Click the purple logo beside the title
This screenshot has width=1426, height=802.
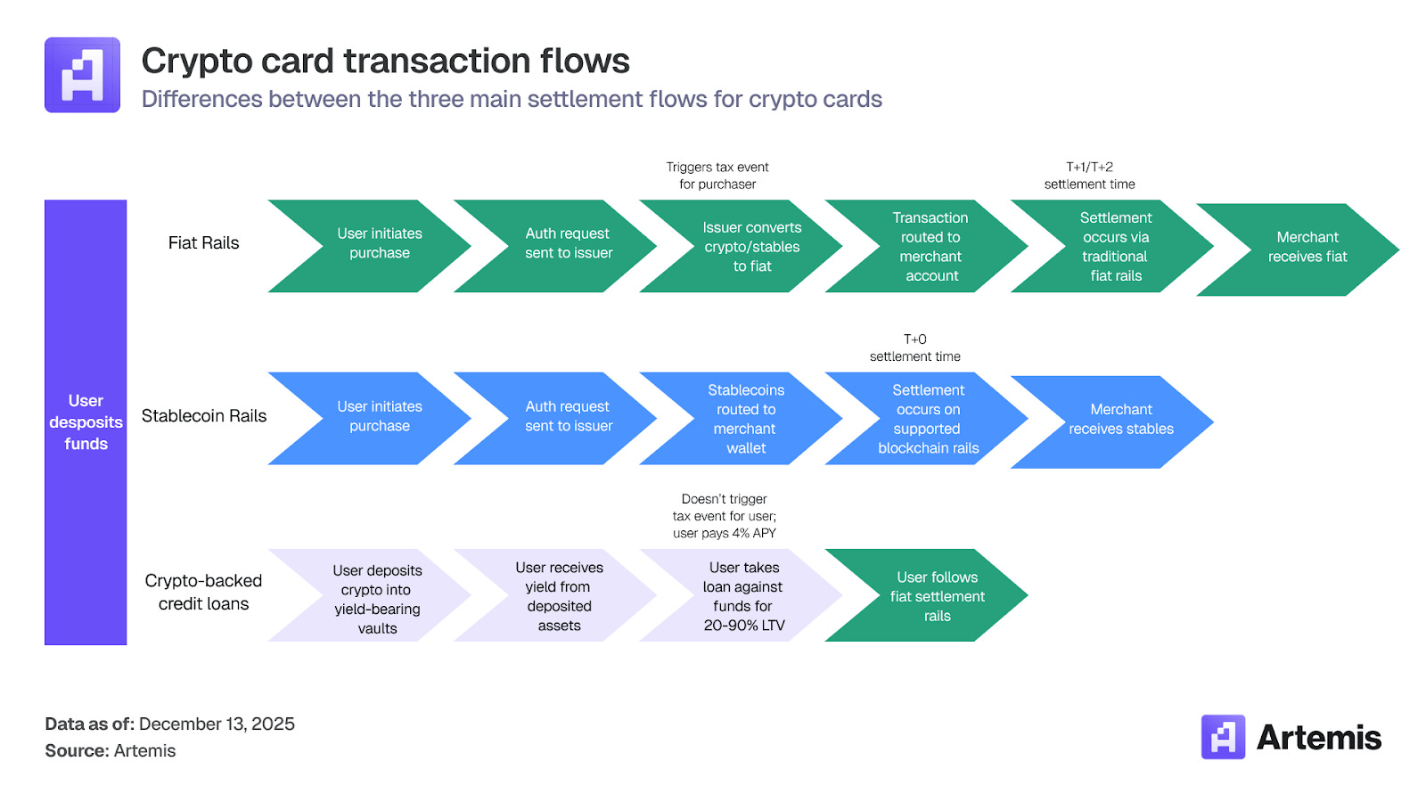(x=82, y=75)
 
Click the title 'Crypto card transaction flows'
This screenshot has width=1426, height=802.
(x=385, y=61)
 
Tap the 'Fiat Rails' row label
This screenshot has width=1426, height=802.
(x=203, y=243)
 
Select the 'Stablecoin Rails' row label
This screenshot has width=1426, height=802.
(x=204, y=415)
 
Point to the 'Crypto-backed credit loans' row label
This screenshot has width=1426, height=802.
(x=203, y=592)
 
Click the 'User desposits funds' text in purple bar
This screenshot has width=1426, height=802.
(x=86, y=422)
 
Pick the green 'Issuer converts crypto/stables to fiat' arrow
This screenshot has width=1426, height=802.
(x=751, y=247)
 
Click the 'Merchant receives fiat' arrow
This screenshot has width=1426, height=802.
(x=1307, y=247)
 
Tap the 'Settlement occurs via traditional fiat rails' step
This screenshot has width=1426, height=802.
(x=1116, y=247)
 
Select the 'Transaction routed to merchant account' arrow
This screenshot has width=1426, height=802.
(x=930, y=247)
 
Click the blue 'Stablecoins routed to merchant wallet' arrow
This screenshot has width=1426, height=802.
(x=746, y=419)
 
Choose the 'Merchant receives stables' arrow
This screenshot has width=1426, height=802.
(x=1120, y=419)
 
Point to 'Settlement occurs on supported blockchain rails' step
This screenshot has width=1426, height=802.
(x=928, y=419)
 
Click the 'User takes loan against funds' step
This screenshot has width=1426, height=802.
(x=743, y=596)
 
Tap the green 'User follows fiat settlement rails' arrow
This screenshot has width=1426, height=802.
(x=937, y=596)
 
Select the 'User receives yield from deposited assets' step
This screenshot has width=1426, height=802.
(x=559, y=596)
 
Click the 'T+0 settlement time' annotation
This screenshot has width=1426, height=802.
(x=914, y=348)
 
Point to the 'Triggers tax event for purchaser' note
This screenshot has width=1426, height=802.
(x=717, y=176)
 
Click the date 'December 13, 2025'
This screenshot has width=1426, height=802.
(x=217, y=724)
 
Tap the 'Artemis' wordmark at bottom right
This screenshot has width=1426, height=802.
(x=1318, y=738)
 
